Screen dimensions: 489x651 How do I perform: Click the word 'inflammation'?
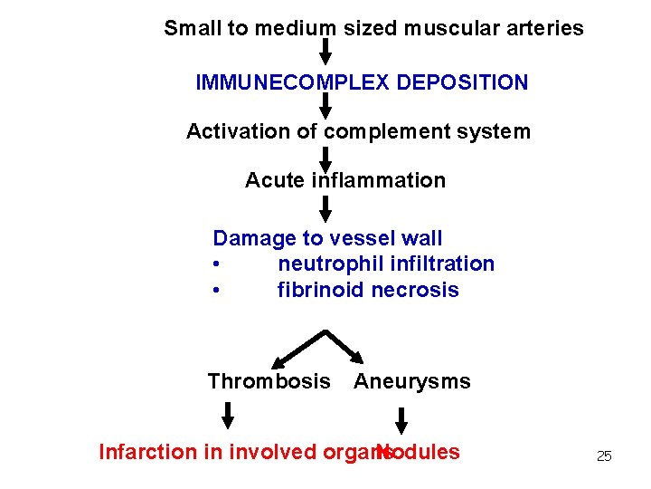click(379, 181)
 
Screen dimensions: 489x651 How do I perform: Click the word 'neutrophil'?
click(326, 264)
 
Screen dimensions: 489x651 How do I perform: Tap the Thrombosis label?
click(269, 382)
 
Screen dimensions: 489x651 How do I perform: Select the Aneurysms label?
click(412, 382)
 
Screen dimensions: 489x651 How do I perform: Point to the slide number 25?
click(604, 456)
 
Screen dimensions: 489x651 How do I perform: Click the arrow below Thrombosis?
click(229, 415)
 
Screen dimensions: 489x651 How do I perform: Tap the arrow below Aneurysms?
click(401, 418)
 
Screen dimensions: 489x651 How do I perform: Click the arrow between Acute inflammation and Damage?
click(325, 208)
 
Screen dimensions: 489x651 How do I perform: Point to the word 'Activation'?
click(231, 132)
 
